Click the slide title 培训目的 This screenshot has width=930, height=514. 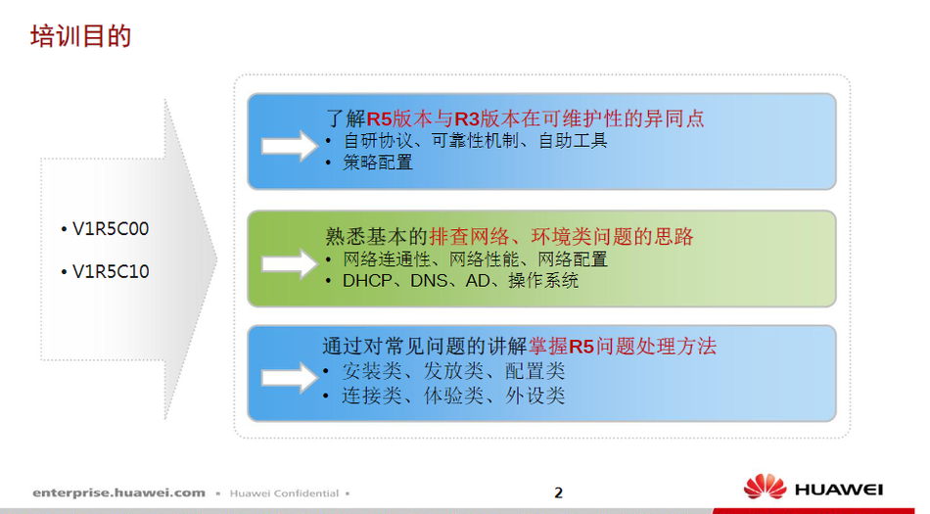point(80,36)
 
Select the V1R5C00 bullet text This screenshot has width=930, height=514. point(111,229)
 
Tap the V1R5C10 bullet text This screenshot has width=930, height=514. point(111,271)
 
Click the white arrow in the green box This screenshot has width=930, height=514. point(290,263)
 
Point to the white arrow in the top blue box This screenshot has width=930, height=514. point(290,146)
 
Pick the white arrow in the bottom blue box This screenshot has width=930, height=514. point(290,378)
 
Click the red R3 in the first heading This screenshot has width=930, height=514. point(467,119)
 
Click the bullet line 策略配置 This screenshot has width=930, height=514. point(377,163)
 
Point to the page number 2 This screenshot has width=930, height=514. point(558,492)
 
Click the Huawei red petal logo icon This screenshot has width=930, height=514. point(766,487)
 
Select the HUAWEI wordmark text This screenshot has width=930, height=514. point(839,490)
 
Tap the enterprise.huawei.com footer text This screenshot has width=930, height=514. point(118,492)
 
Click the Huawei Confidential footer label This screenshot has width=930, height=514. point(284,493)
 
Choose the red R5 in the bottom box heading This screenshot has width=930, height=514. point(581,347)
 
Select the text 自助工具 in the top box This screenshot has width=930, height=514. point(573,141)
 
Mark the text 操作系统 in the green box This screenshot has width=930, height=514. point(543,280)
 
